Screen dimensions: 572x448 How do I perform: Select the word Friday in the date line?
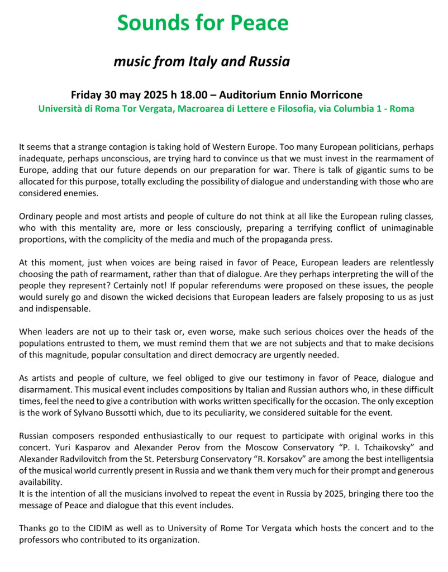[x=88, y=95]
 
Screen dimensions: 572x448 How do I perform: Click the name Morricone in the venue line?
[x=337, y=95]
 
